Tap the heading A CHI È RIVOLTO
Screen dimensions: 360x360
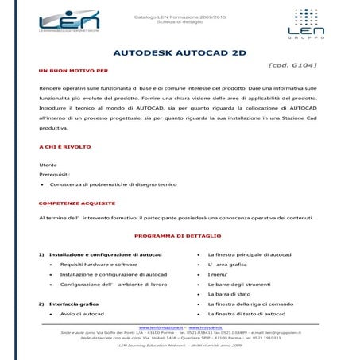click(64, 147)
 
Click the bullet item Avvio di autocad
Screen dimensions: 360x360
click(83, 315)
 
